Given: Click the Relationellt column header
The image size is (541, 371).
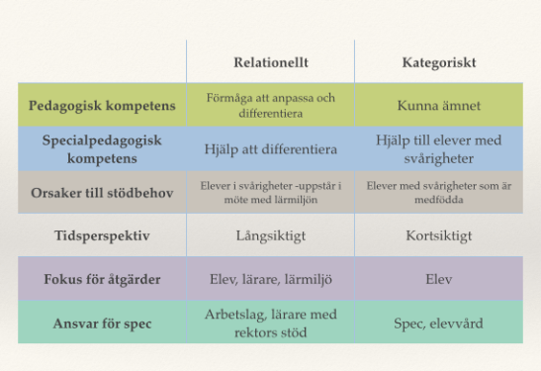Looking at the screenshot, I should click(x=271, y=62).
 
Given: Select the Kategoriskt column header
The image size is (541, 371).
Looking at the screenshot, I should click(x=439, y=62).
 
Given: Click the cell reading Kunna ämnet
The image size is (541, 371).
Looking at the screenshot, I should click(x=439, y=105).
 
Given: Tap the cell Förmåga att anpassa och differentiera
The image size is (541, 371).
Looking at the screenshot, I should click(x=271, y=105).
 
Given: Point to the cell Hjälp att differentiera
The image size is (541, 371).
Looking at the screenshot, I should click(x=271, y=149).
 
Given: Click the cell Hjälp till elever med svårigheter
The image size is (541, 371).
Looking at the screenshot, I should click(x=439, y=149).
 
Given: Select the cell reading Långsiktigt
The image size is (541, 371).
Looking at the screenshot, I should click(x=271, y=235).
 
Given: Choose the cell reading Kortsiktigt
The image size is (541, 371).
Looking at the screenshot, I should click(x=439, y=235).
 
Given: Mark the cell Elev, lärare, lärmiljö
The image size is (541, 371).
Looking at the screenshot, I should click(x=271, y=280).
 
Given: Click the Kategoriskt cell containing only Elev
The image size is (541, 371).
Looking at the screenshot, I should click(x=439, y=280).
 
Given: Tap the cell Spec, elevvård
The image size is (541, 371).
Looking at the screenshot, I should click(x=439, y=323).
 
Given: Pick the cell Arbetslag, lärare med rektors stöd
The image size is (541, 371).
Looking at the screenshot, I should click(x=271, y=323).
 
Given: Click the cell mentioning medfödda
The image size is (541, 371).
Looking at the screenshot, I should click(x=439, y=192).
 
